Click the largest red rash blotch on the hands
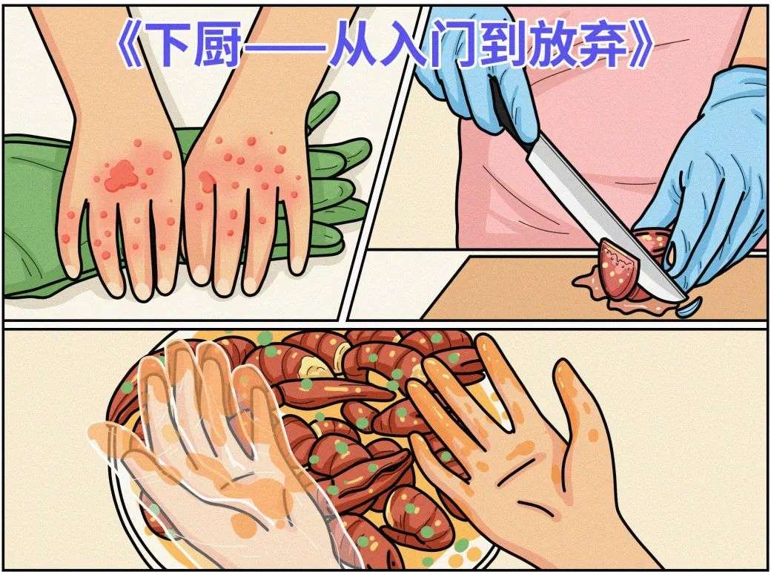[120, 176]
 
